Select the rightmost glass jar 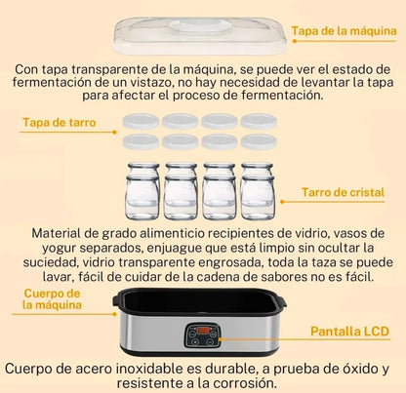click(259, 191)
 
